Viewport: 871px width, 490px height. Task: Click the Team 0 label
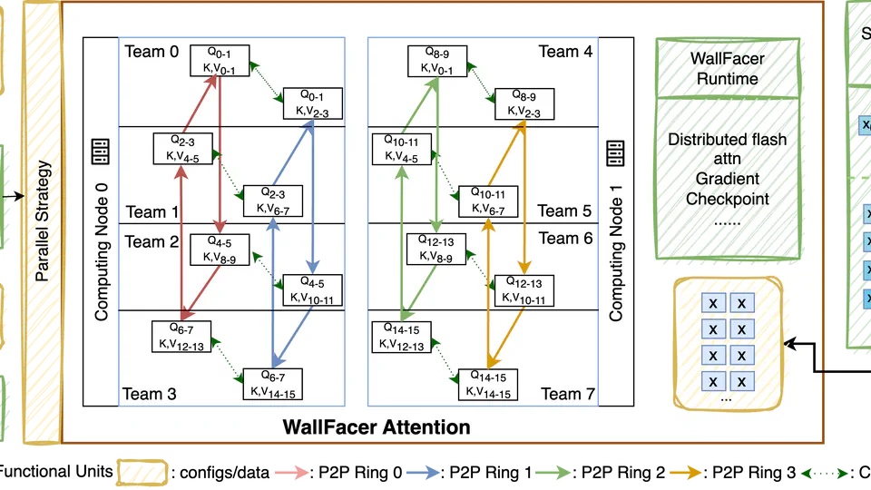(x=151, y=52)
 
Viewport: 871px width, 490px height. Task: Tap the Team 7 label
(x=567, y=394)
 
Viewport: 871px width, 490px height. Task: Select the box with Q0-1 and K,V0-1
(x=218, y=62)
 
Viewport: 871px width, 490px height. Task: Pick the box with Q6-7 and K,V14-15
(x=271, y=384)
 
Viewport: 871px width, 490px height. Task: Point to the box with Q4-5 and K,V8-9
(x=219, y=250)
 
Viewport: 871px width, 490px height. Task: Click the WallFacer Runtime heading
(x=726, y=69)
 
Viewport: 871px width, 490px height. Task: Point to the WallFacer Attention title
(x=377, y=426)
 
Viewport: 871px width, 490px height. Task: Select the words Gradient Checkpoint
(x=726, y=189)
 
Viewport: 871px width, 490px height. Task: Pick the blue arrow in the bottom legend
(x=422, y=473)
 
